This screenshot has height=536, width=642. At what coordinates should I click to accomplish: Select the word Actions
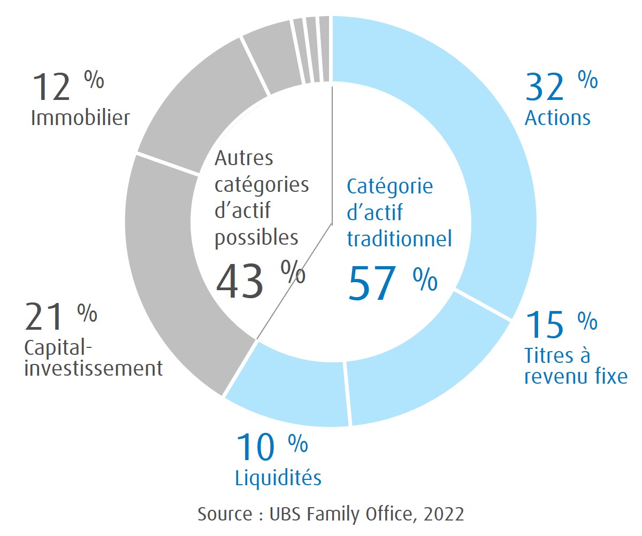pyautogui.click(x=557, y=118)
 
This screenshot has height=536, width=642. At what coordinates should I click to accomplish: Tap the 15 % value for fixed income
pyautogui.click(x=561, y=324)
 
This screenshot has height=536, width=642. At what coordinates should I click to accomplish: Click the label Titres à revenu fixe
pyautogui.click(x=576, y=366)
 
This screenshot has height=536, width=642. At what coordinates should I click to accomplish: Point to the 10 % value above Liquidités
pyautogui.click(x=271, y=447)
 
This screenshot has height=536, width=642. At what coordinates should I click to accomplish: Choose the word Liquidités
pyautogui.click(x=278, y=478)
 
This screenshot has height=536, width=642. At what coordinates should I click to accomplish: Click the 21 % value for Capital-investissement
pyautogui.click(x=60, y=316)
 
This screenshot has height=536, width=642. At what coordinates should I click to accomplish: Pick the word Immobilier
pyautogui.click(x=80, y=118)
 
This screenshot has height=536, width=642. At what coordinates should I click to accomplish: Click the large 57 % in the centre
pyautogui.click(x=392, y=283)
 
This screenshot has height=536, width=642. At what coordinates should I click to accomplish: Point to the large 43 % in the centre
pyautogui.click(x=260, y=280)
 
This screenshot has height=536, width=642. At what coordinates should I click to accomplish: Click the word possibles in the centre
pyautogui.click(x=256, y=237)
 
